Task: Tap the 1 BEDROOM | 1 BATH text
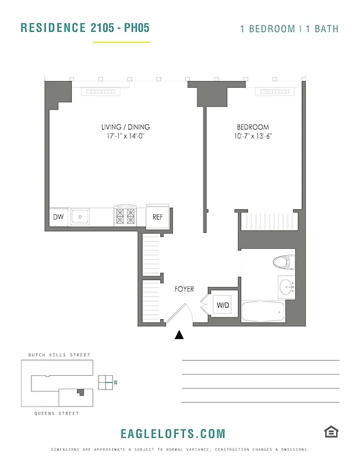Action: (289, 29)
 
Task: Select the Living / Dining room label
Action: (125, 127)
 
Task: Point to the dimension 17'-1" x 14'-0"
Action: (125, 136)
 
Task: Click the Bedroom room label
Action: (253, 127)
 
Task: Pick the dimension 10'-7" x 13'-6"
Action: (253, 136)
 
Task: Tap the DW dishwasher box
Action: (58, 217)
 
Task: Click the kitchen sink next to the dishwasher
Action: (80, 217)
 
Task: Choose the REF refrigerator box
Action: (157, 217)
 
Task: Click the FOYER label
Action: (184, 289)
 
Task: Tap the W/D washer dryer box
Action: (223, 304)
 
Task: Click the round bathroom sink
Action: (285, 287)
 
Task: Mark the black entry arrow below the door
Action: (179, 334)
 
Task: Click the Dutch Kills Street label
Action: (59, 355)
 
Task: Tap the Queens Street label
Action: (54, 413)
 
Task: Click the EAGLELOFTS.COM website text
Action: (172, 433)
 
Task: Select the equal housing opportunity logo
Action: (331, 432)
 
